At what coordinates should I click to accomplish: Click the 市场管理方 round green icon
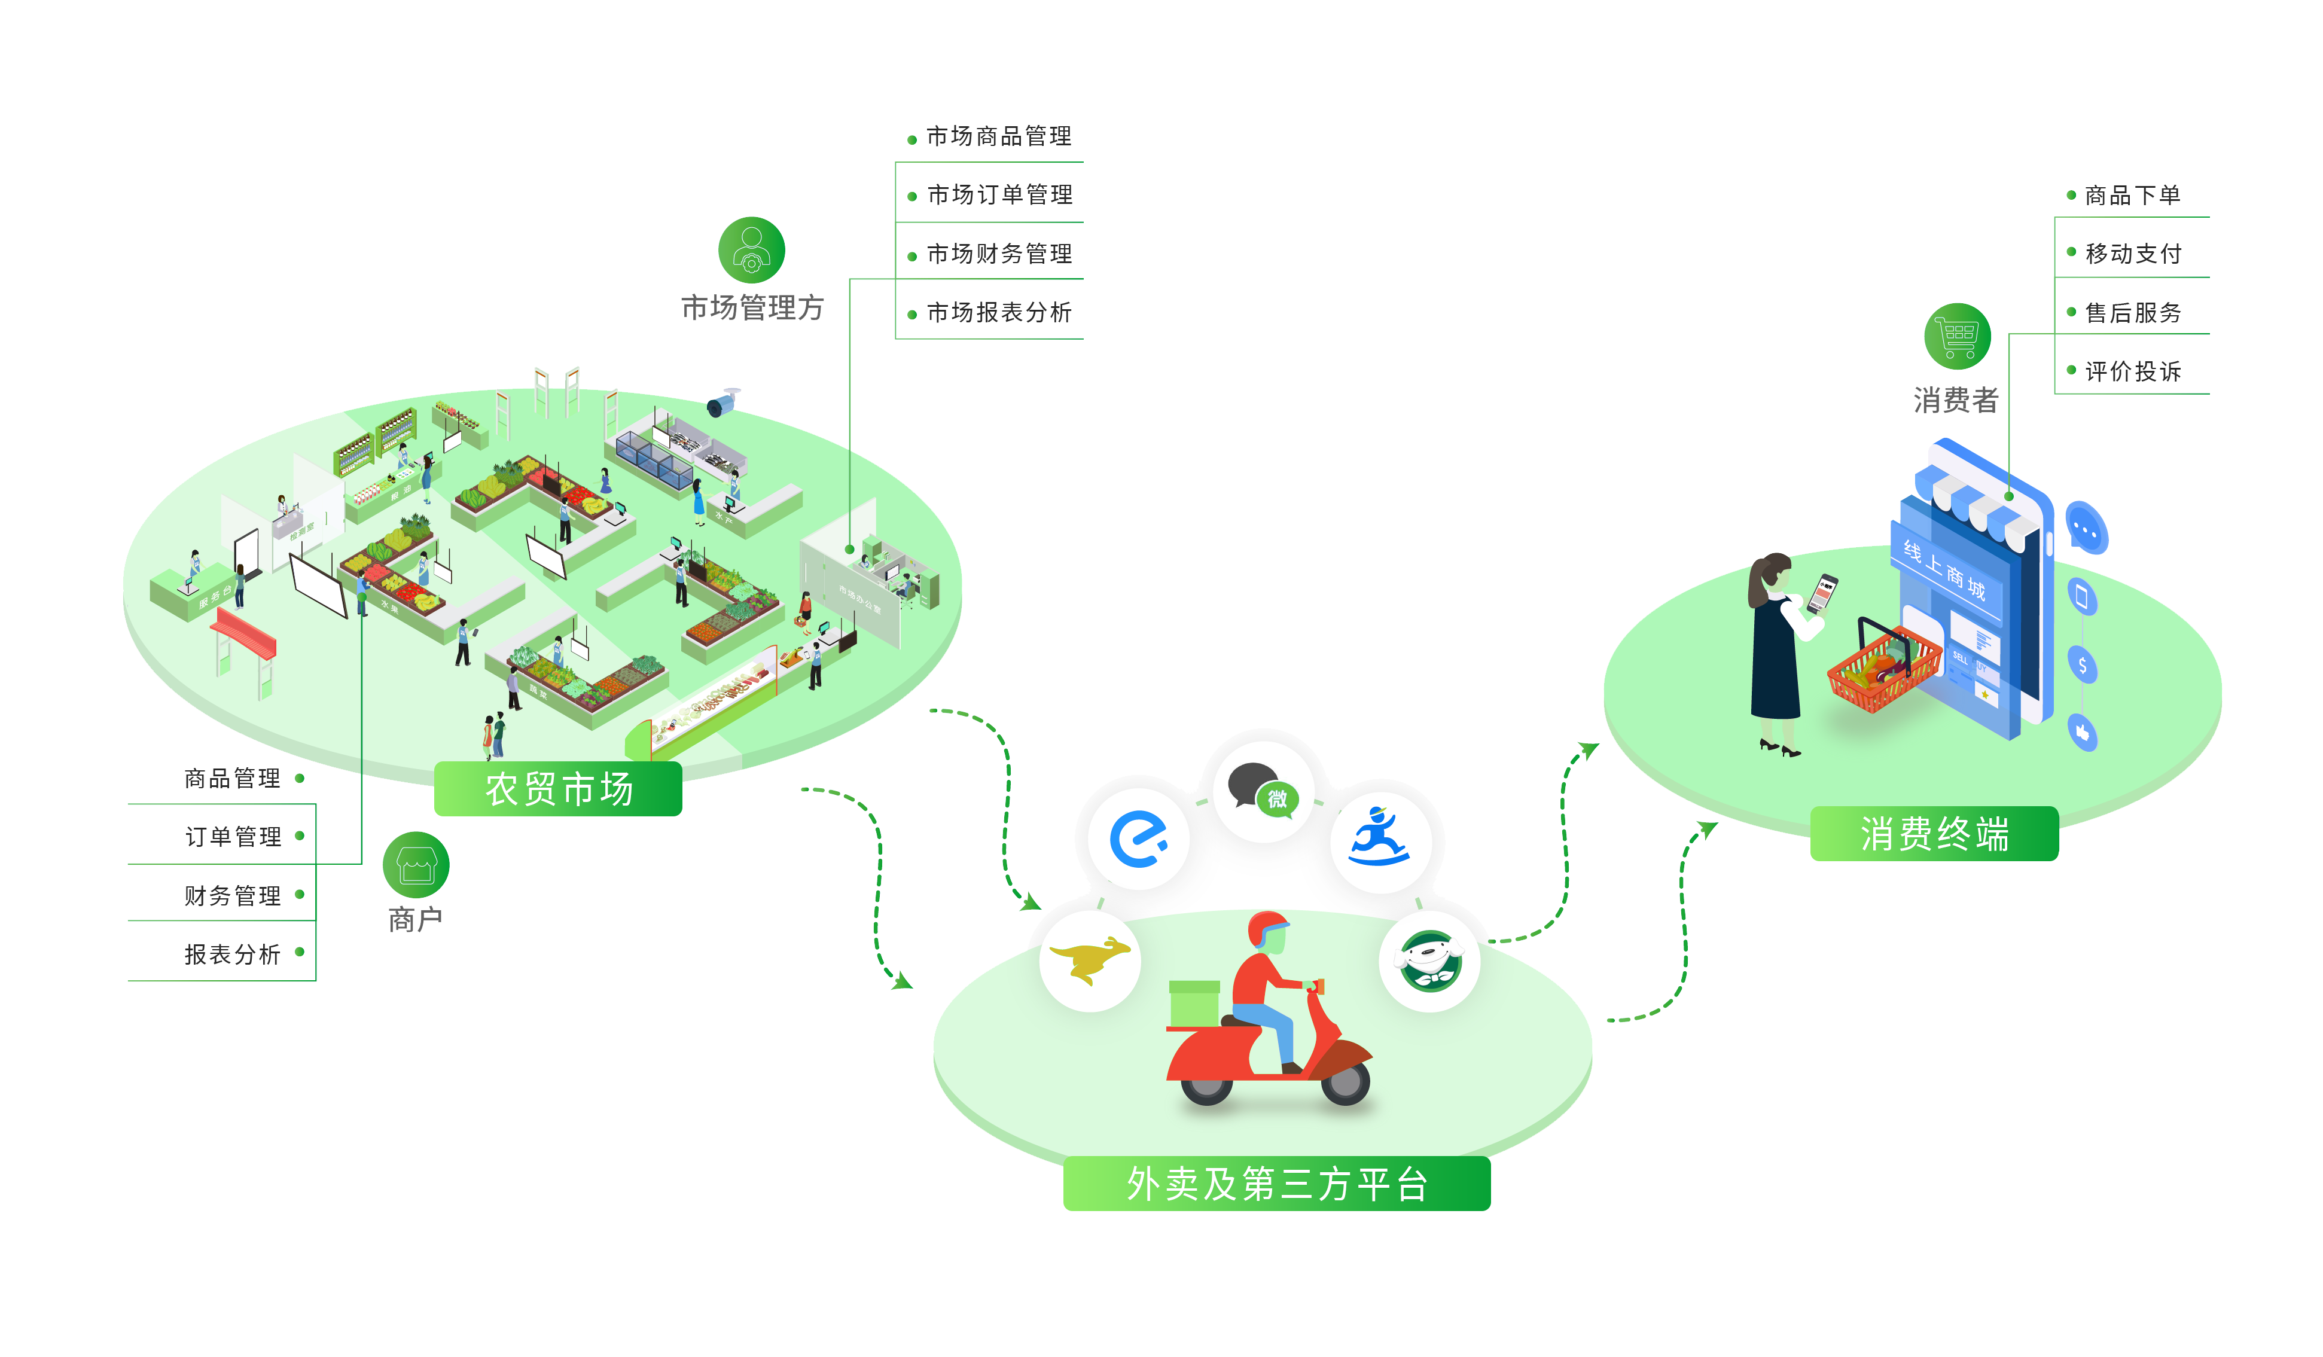click(x=751, y=250)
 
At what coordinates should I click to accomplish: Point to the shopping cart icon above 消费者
click(x=1957, y=337)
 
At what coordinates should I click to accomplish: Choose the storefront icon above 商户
click(x=416, y=865)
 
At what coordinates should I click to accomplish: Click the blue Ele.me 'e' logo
click(x=1139, y=839)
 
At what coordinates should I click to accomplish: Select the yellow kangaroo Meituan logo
click(x=1090, y=960)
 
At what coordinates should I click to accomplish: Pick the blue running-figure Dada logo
click(x=1379, y=839)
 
